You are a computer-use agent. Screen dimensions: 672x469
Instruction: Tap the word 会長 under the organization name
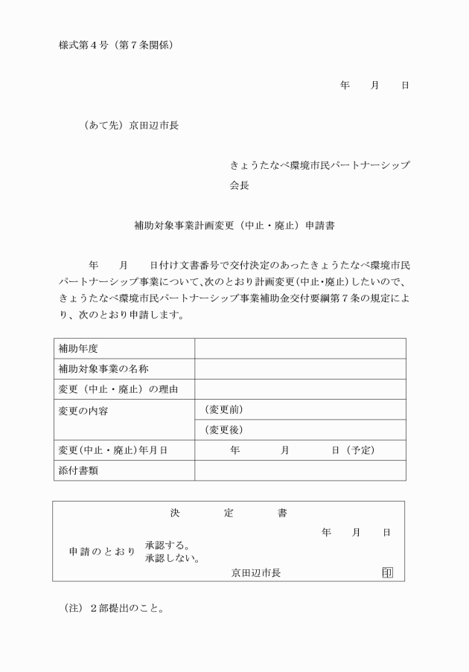point(239,186)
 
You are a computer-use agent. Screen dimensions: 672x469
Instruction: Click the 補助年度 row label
point(78,348)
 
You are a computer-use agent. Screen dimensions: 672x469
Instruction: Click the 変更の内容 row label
point(83,410)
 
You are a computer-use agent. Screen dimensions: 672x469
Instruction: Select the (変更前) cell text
point(224,409)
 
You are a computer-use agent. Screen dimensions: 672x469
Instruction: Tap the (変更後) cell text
point(224,429)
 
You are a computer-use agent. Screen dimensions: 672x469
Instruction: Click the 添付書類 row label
point(78,470)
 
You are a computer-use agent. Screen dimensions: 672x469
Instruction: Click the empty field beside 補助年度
point(300,348)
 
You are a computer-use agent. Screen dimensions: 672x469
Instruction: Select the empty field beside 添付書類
point(300,470)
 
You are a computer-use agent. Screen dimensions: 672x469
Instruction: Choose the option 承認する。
point(167,545)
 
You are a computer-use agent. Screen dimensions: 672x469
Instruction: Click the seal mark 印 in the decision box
point(387,572)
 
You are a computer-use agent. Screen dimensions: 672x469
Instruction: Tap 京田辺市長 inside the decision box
point(255,572)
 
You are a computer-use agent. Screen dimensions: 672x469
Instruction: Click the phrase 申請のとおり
point(102,552)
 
